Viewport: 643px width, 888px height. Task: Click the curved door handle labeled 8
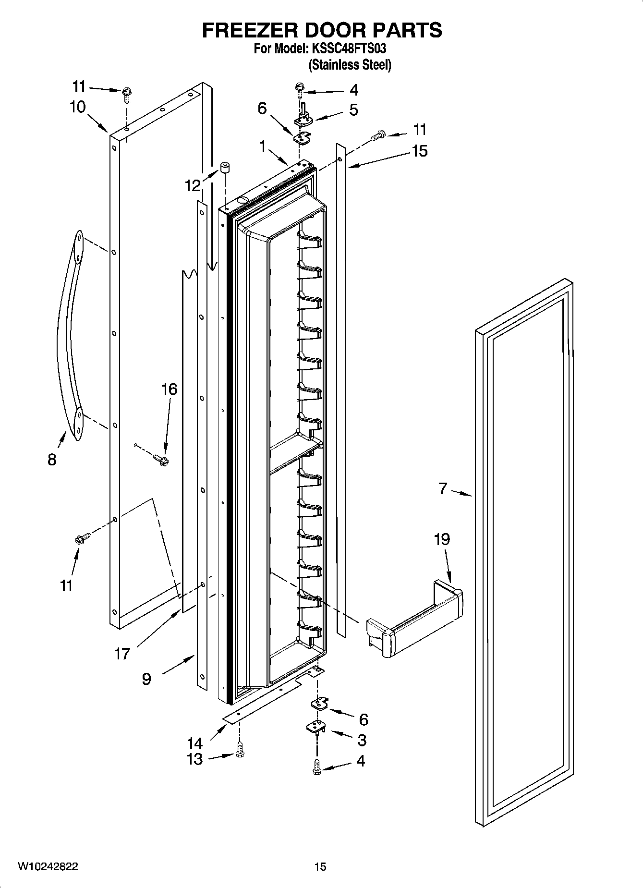[67, 336]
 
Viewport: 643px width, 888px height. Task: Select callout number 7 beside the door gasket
[443, 489]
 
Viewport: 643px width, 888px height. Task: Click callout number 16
[170, 389]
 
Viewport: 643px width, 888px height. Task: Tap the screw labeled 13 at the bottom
[240, 759]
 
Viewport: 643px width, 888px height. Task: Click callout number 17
[122, 653]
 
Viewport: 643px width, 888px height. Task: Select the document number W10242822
[48, 866]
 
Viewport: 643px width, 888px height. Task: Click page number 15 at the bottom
[320, 866]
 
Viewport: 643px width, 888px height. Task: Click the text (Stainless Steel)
[350, 64]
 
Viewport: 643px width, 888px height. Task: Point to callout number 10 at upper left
[77, 107]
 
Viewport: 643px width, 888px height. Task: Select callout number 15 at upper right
[419, 151]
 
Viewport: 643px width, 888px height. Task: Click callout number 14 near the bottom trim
[195, 743]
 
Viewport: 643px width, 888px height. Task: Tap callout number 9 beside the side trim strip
[147, 679]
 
